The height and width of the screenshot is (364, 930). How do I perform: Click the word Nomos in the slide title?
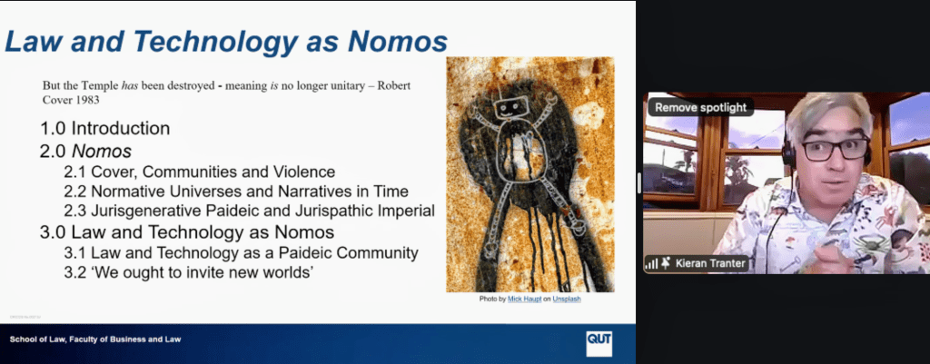click(398, 42)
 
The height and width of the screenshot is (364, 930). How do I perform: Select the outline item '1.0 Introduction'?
click(105, 128)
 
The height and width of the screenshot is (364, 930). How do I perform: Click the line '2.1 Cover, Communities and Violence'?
click(200, 172)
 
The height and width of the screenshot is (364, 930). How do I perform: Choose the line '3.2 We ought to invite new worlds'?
click(189, 272)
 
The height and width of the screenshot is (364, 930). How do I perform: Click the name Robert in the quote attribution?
click(394, 85)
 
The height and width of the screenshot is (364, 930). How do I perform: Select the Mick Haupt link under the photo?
click(524, 300)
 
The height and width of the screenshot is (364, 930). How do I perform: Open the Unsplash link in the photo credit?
click(567, 300)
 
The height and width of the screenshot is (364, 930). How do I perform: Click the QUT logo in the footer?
click(599, 343)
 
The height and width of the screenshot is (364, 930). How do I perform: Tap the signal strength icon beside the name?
click(651, 264)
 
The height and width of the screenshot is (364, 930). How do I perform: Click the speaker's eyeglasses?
click(836, 149)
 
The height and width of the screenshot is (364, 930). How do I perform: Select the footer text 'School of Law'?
click(37, 339)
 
